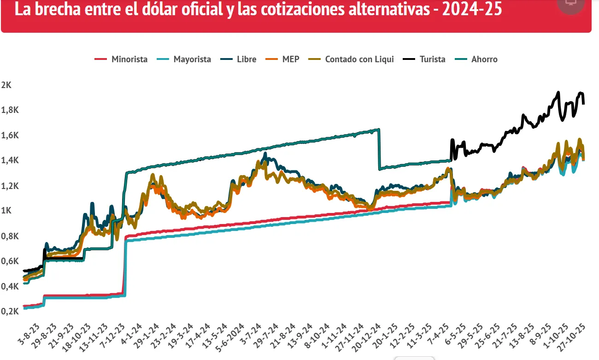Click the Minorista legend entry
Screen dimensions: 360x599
121,59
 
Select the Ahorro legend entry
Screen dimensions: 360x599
477,59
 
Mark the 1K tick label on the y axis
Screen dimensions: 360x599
6,211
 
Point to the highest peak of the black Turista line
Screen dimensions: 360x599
558,92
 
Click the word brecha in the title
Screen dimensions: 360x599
54,9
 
